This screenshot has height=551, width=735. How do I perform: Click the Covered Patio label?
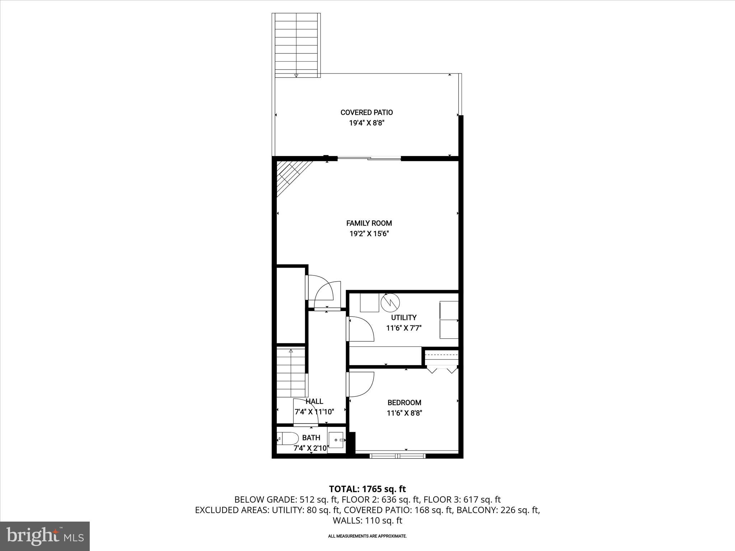tap(366, 112)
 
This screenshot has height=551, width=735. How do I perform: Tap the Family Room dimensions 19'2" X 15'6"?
tap(369, 234)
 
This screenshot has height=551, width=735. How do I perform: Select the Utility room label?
tap(403, 317)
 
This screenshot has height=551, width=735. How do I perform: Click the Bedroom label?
tap(404, 402)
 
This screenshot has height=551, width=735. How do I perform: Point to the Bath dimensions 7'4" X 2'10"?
tap(311, 448)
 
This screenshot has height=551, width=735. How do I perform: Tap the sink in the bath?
tap(336, 440)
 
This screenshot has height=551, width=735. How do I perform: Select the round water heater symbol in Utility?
tap(390, 302)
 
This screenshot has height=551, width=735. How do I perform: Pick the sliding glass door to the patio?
tap(369, 158)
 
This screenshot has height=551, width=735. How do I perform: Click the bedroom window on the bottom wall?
tap(397, 456)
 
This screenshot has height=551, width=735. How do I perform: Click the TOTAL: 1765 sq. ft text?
tap(367, 489)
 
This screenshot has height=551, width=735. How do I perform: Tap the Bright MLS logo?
tap(45, 536)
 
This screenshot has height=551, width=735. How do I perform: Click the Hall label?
tap(314, 401)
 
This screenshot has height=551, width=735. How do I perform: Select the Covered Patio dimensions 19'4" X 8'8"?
tap(366, 123)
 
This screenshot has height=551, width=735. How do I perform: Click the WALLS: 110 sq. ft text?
tap(367, 521)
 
